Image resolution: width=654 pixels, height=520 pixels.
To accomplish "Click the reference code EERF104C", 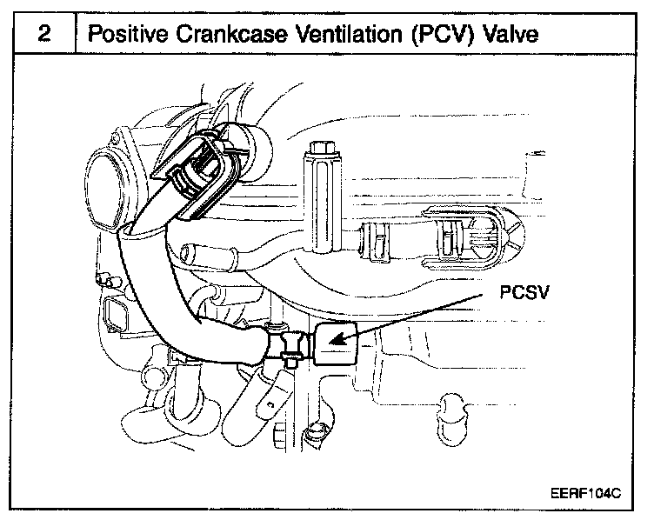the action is [584, 493].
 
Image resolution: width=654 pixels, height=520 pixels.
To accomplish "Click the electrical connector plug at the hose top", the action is [202, 173].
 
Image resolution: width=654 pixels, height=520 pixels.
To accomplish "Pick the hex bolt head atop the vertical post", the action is [319, 150].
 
